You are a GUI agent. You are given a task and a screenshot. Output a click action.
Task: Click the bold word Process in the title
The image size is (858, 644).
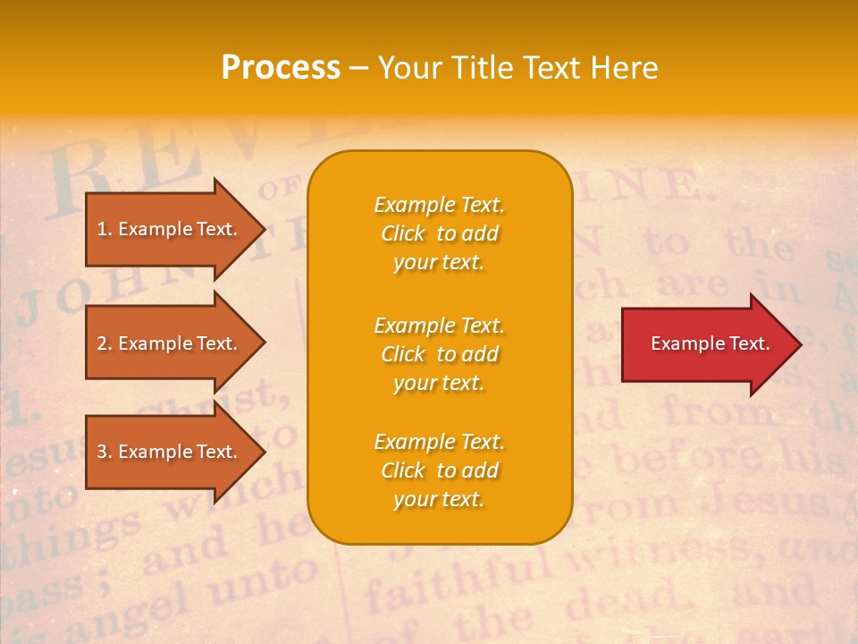(281, 68)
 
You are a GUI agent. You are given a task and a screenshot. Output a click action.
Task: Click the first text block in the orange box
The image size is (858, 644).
(439, 233)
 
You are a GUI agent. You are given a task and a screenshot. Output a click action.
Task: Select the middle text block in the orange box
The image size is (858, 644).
(439, 354)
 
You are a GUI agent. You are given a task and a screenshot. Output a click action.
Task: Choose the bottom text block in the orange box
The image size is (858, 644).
(439, 470)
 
